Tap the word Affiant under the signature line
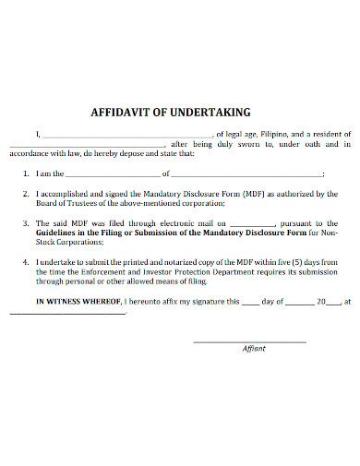coord(253,348)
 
